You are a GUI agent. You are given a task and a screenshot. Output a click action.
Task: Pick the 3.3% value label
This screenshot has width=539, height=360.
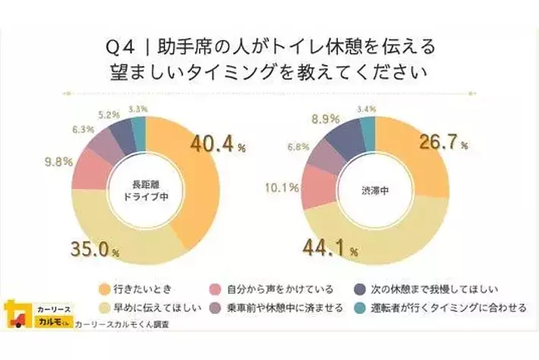[x=137, y=109]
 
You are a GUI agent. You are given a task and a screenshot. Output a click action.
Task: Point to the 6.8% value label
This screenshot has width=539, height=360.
[x=298, y=147]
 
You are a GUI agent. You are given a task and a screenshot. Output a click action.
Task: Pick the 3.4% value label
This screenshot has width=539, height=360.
[x=367, y=109]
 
